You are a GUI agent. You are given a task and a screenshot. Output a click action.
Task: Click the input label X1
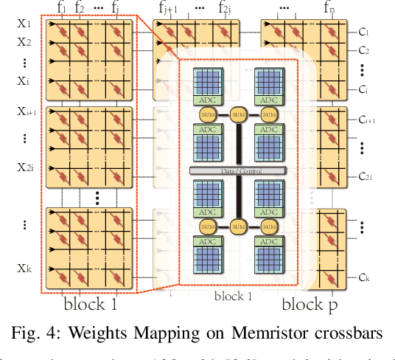click(x=24, y=24)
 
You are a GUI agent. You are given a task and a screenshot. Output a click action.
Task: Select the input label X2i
click(x=25, y=167)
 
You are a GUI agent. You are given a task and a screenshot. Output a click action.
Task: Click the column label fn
click(x=329, y=9)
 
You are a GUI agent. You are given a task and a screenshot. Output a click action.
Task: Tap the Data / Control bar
click(x=236, y=170)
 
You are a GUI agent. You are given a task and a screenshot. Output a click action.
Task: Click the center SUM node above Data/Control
click(x=237, y=115)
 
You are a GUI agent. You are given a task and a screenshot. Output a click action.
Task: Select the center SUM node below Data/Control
click(x=237, y=226)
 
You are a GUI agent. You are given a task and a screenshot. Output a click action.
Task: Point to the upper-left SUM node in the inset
click(x=206, y=115)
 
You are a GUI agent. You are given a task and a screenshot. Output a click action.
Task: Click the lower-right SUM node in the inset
click(x=267, y=226)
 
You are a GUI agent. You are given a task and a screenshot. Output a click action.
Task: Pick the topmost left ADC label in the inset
click(x=206, y=99)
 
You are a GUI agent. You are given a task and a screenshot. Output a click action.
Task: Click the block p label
click(x=312, y=305)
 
